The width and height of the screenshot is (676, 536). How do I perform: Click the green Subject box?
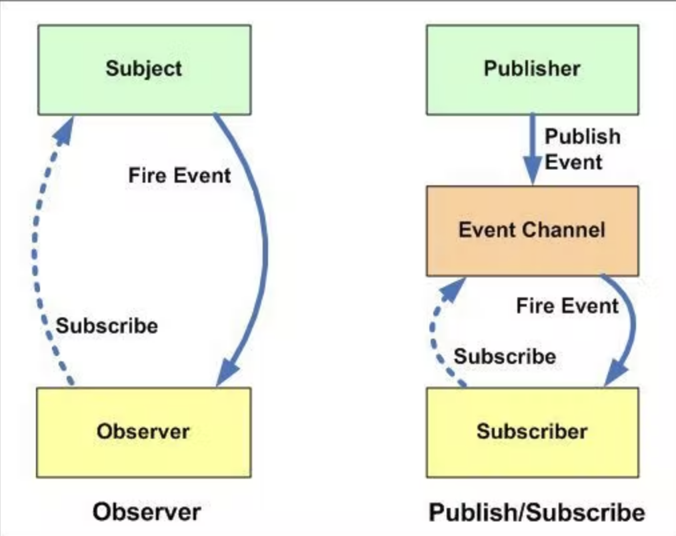145,70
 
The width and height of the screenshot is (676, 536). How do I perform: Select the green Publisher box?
533,70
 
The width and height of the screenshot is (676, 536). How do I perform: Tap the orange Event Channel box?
533,231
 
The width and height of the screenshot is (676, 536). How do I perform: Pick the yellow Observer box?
144,433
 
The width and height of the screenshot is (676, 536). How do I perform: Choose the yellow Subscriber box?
533,433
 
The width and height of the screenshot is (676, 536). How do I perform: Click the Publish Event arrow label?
583,149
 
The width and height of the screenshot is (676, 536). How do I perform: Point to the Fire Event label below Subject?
179,175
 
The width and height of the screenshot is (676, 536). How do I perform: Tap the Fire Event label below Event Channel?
567,306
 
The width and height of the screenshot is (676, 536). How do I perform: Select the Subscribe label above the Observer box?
107,325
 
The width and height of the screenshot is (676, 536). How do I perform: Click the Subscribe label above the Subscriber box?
505,357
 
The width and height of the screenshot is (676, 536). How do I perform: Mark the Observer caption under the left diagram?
147,512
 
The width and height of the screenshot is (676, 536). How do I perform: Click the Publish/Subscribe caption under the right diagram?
537,512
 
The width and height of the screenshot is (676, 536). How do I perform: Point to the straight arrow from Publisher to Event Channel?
533,149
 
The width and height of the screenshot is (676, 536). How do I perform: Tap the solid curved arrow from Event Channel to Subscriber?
633,323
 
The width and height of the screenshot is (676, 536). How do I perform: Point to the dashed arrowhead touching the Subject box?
64,130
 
